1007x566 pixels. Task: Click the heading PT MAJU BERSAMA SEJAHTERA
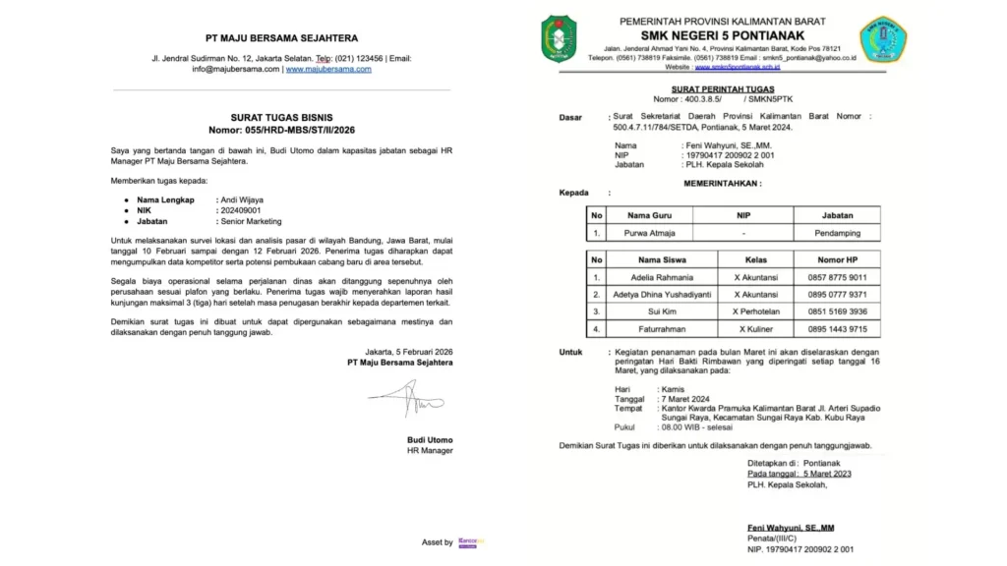[x=281, y=38]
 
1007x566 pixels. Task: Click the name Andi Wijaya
[x=243, y=199]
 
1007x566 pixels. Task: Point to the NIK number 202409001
[x=241, y=210]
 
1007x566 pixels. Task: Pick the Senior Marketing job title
[x=254, y=222]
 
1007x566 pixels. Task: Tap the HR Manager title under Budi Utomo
[x=430, y=450]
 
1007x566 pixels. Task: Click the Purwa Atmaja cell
[x=649, y=234]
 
